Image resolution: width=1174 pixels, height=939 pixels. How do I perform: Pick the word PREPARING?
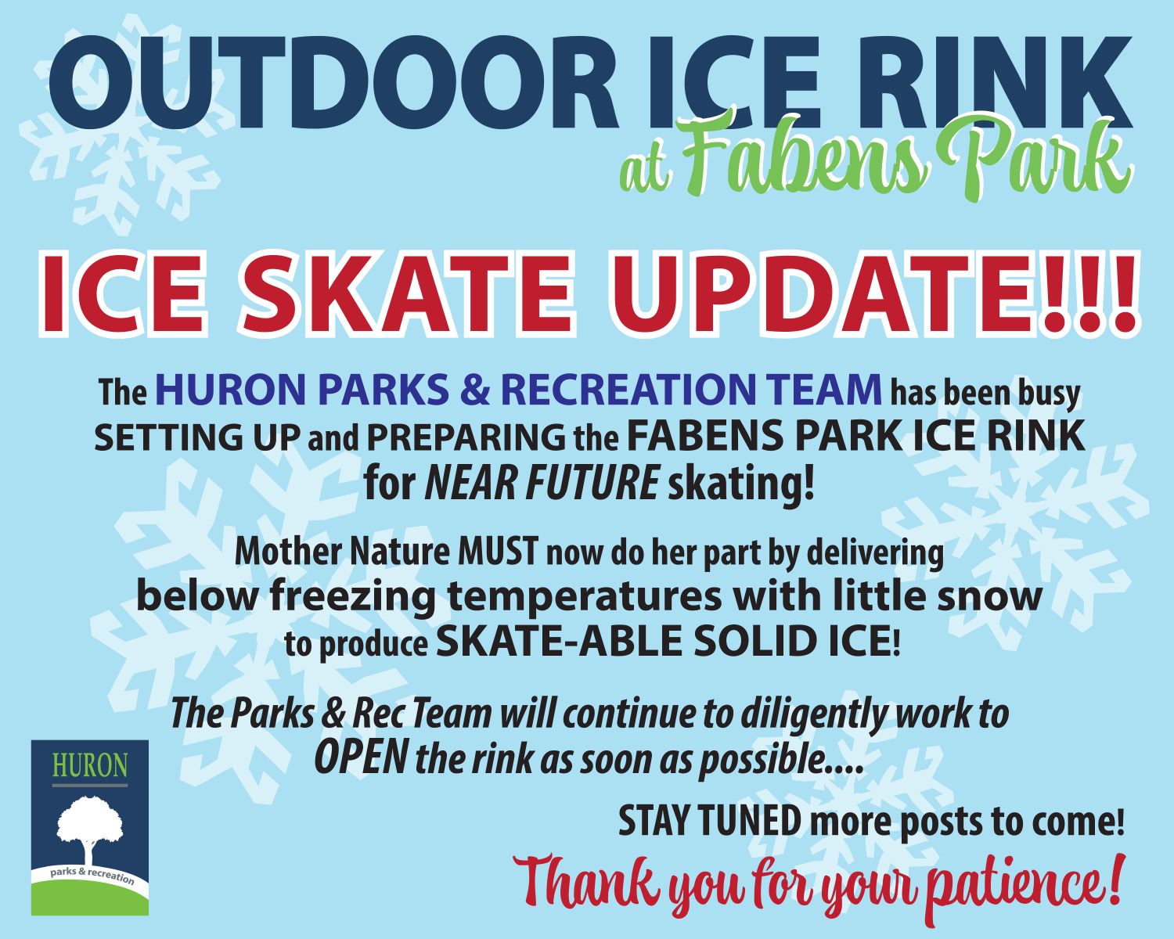[466, 437]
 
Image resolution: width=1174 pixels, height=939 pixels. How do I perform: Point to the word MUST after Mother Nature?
[498, 552]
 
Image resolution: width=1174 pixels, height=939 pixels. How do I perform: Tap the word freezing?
[353, 597]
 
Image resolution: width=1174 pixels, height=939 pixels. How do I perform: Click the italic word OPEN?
[361, 757]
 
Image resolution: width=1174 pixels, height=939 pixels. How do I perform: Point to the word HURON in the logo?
[90, 765]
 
